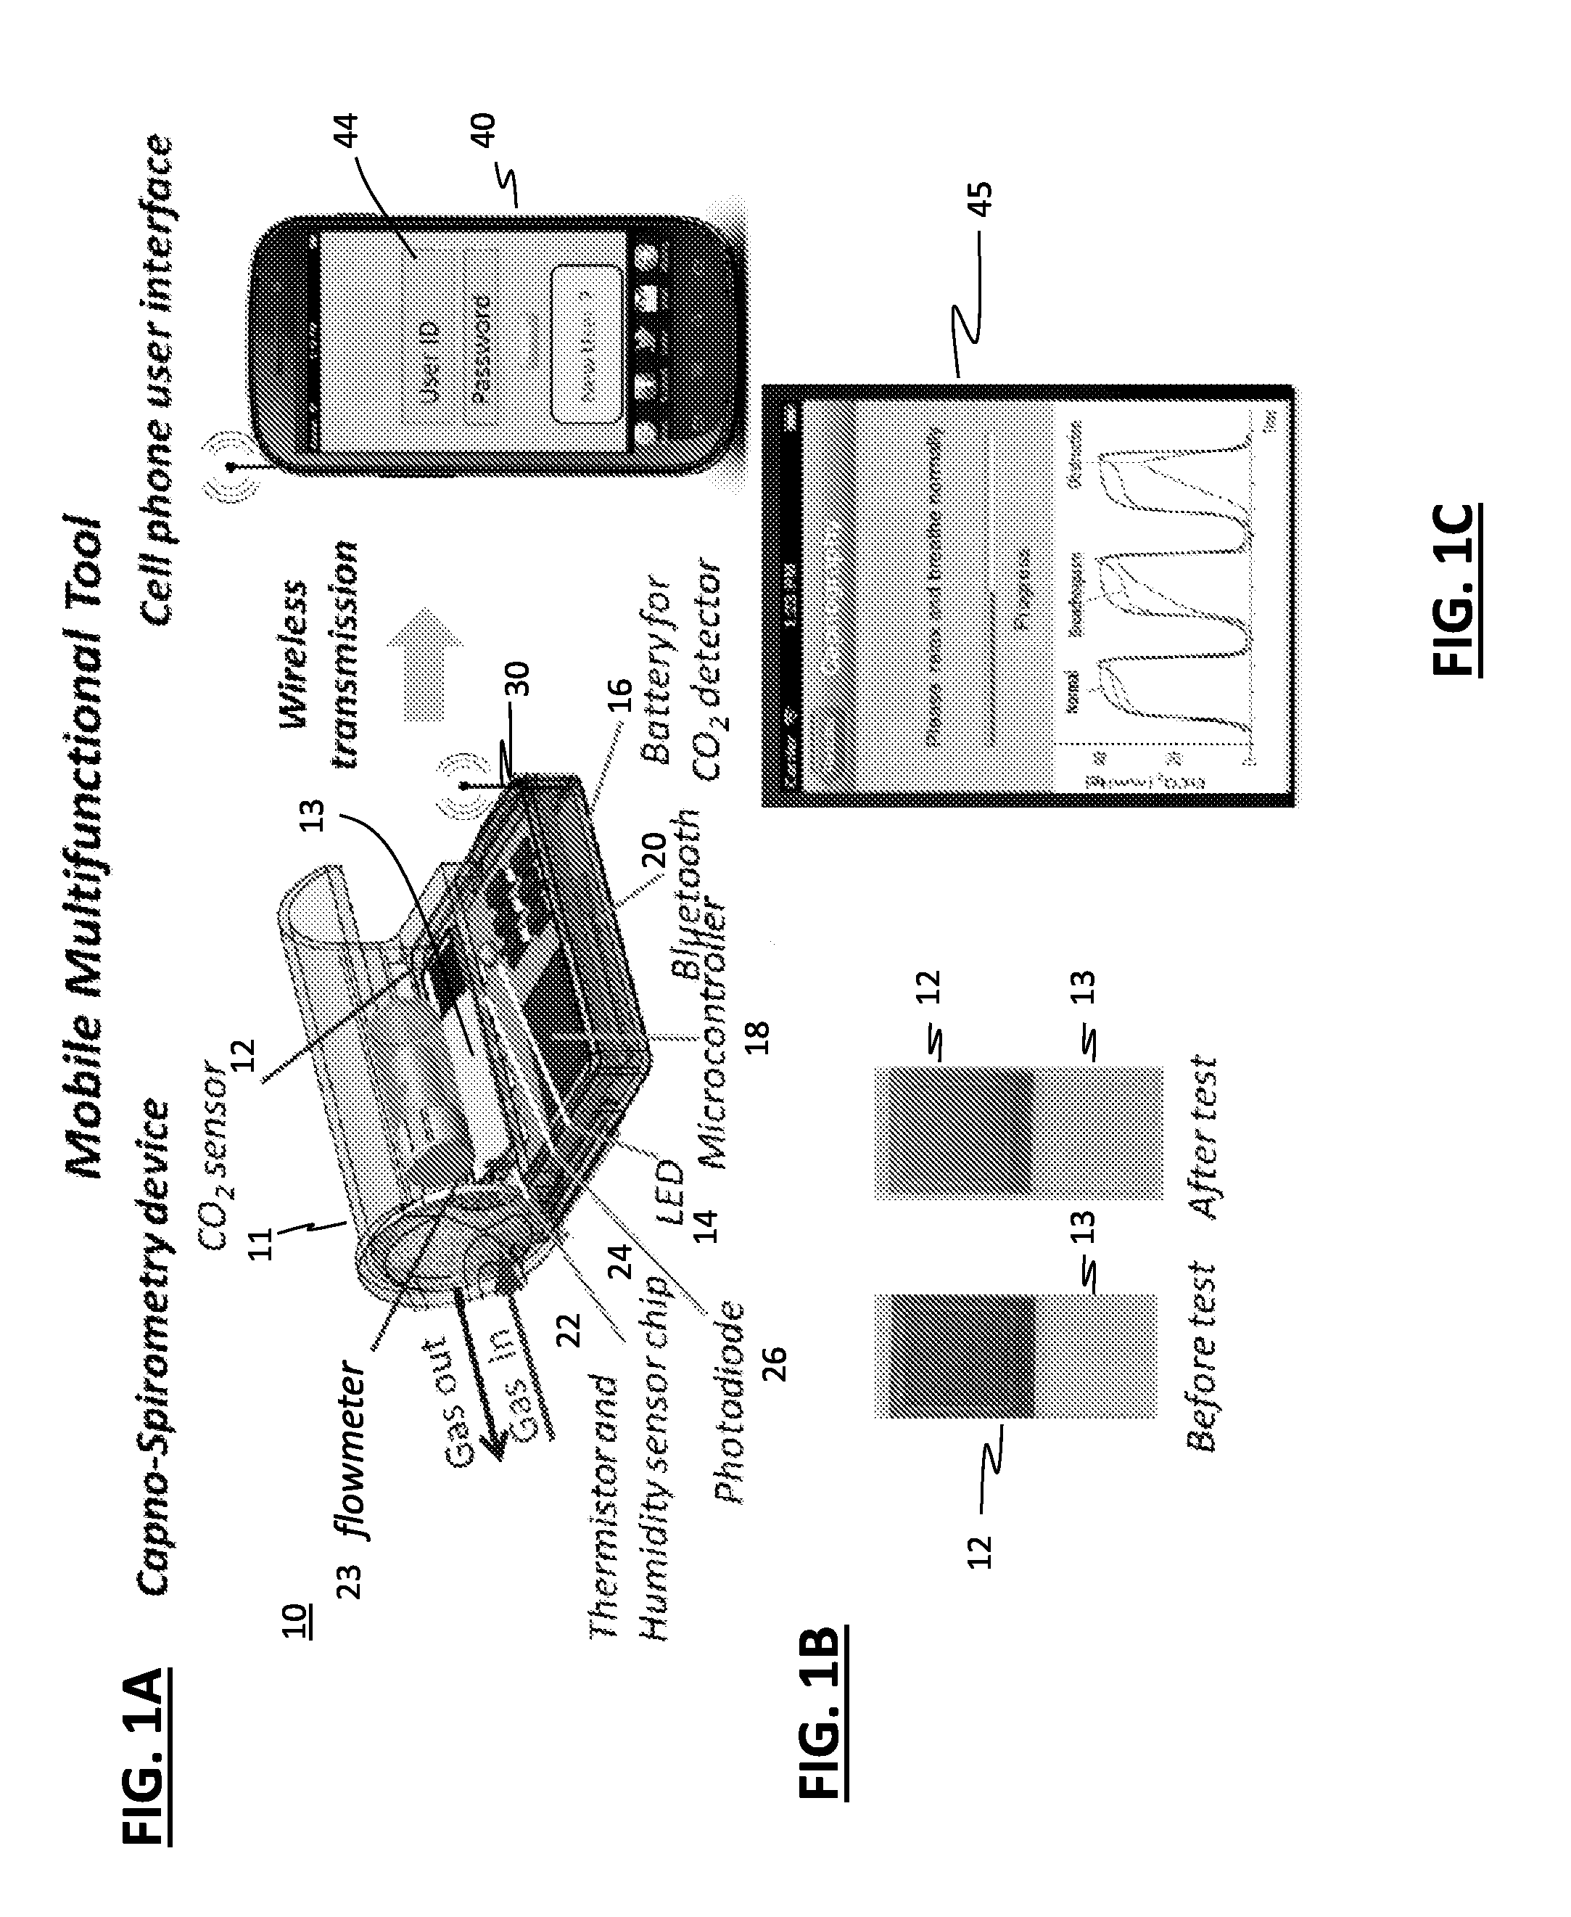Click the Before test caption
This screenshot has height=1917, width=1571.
(1201, 1356)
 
